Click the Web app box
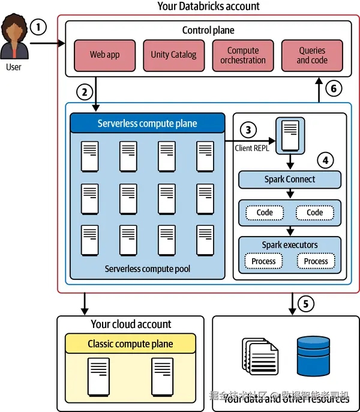click(x=105, y=55)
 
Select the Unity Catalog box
click(x=173, y=55)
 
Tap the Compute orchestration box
click(x=243, y=55)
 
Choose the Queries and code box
click(x=311, y=55)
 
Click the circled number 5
click(x=305, y=304)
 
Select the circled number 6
click(x=334, y=89)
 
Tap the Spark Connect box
click(x=290, y=179)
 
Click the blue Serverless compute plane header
click(x=147, y=124)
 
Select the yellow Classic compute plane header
click(x=130, y=344)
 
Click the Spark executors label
click(x=290, y=245)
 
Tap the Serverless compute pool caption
click(x=148, y=268)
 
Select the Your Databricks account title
click(x=208, y=7)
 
